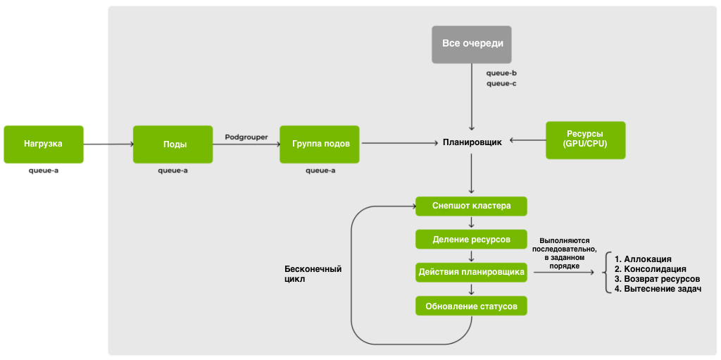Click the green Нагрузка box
pyautogui.click(x=44, y=144)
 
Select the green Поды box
pyautogui.click(x=173, y=144)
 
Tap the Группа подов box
pyautogui.click(x=320, y=144)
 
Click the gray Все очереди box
pyautogui.click(x=472, y=44)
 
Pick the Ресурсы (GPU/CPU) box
pyautogui.click(x=585, y=139)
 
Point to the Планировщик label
pyautogui.click(x=472, y=142)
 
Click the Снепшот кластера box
pyautogui.click(x=471, y=206)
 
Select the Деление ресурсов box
pyautogui.click(x=471, y=240)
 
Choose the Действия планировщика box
pyautogui.click(x=471, y=272)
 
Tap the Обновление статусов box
pyautogui.click(x=471, y=306)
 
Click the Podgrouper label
pyautogui.click(x=246, y=137)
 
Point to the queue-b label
pyautogui.click(x=501, y=73)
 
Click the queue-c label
pyautogui.click(x=501, y=83)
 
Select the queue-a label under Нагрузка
pyautogui.click(x=44, y=170)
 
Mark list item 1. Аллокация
pyautogui.click(x=643, y=259)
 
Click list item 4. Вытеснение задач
pyautogui.click(x=658, y=289)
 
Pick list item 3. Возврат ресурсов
pyautogui.click(x=657, y=279)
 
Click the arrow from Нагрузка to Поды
pyautogui.click(x=108, y=144)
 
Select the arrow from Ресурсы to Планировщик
pyautogui.click(x=527, y=140)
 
